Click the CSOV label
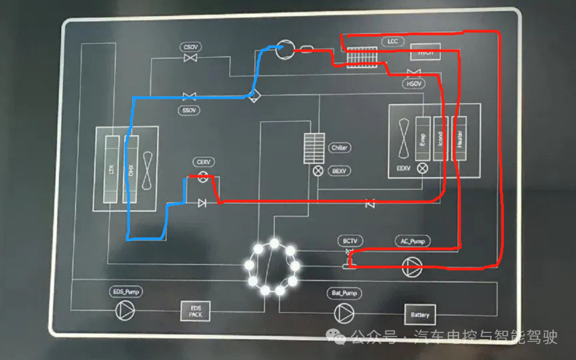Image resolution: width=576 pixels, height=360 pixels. [x=191, y=47]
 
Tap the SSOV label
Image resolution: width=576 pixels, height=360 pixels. [x=189, y=109]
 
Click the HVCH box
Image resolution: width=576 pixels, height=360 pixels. [x=426, y=52]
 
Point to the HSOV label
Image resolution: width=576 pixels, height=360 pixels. [x=414, y=84]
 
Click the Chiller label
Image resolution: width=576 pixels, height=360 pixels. [x=340, y=148]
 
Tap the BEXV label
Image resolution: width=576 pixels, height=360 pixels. [x=340, y=171]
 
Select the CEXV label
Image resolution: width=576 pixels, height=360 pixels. [x=203, y=163]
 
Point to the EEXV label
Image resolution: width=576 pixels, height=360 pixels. [x=403, y=168]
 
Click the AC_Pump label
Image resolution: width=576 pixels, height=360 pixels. [x=412, y=240]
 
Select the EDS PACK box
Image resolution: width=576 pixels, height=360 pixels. [x=195, y=311]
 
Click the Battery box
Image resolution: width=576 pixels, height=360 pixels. [x=420, y=314]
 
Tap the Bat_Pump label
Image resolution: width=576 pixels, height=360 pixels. [x=345, y=293]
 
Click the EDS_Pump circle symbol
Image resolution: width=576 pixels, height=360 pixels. [x=125, y=310]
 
